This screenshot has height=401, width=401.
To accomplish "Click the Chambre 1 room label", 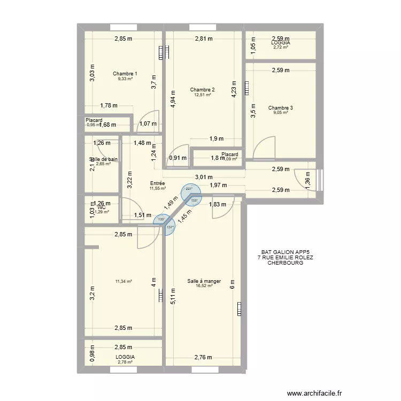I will pyautogui.click(x=125, y=74).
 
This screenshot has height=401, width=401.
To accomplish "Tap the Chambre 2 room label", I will pyautogui.click(x=202, y=89).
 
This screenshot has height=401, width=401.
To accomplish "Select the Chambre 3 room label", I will pyautogui.click(x=281, y=107).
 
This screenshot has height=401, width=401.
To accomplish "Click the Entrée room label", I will pyautogui.click(x=158, y=183).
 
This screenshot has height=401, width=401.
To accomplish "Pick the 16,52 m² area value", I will pyautogui.click(x=204, y=286).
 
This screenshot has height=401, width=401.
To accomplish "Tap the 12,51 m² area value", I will pyautogui.click(x=202, y=95).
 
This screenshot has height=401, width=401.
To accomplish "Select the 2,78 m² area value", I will pyautogui.click(x=125, y=362).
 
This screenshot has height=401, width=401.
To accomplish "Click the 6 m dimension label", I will pyautogui.click(x=232, y=285).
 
